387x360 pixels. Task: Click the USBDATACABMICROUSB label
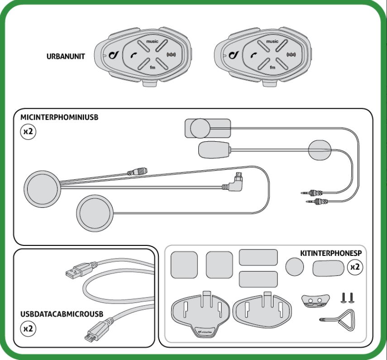[x=62, y=313]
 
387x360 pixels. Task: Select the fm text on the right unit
[x=272, y=67]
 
